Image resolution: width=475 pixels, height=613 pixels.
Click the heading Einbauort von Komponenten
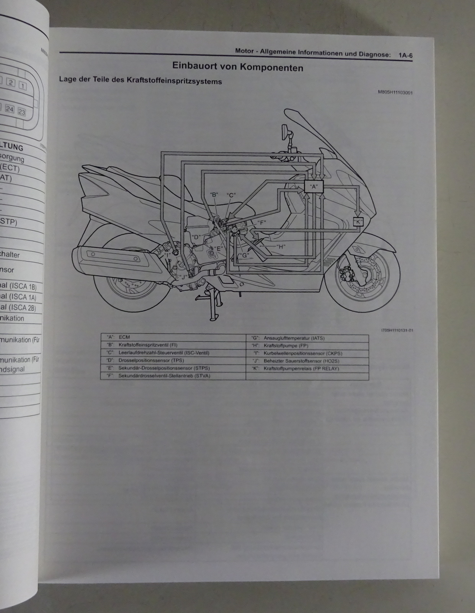[x=238, y=67]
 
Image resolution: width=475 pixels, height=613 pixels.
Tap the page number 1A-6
[x=405, y=55]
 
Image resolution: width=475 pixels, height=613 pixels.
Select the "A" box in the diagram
[x=313, y=187]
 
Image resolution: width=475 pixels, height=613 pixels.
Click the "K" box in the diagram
[x=358, y=221]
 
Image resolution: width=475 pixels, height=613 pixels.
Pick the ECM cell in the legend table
[x=124, y=337]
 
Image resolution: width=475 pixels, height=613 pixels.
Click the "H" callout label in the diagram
[x=281, y=247]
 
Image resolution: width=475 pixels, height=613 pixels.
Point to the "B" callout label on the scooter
[x=214, y=195]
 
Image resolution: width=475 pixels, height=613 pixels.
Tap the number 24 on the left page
[x=10, y=110]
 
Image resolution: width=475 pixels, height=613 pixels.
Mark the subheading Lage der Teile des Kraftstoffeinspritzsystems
[x=140, y=81]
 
